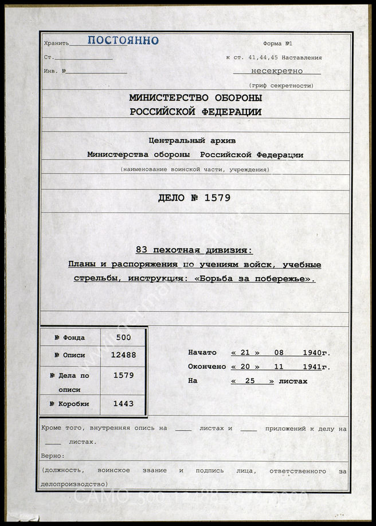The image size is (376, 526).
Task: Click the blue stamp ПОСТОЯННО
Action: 123,41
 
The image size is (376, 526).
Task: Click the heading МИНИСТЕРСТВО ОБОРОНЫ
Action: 195,98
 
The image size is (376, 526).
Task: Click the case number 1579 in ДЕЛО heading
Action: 218,198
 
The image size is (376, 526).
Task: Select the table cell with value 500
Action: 123,338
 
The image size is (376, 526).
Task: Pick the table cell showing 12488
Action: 123,355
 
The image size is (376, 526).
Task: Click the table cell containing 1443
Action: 123,404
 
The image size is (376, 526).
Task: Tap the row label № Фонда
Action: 69,338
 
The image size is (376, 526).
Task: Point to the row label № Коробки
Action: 69,404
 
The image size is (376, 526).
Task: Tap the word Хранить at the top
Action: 56,44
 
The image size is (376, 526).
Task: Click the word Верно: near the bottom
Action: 53,456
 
